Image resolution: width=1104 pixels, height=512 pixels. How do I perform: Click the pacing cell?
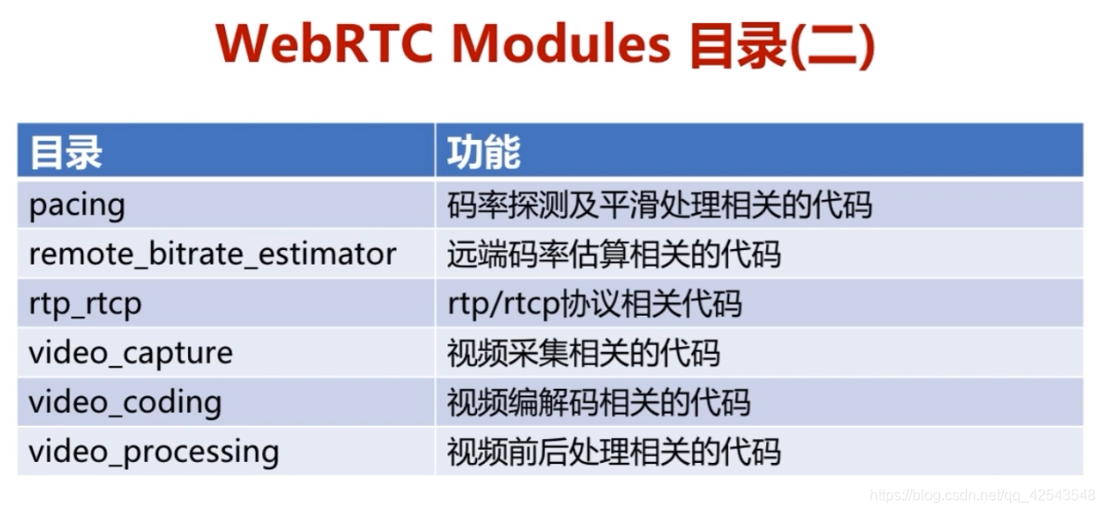tap(77, 205)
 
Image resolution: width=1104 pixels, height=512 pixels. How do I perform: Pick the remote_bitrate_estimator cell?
tap(212, 254)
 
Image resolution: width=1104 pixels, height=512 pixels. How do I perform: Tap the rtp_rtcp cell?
tap(85, 304)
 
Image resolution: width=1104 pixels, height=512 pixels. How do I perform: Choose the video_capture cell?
tap(131, 353)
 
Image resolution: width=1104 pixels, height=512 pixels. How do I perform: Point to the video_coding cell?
tap(125, 402)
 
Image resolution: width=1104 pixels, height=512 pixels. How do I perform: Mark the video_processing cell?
tap(154, 452)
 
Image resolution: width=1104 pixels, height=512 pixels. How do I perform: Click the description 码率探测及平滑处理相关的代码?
tap(659, 205)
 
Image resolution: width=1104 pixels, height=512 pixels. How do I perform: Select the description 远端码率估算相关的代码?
tap(613, 254)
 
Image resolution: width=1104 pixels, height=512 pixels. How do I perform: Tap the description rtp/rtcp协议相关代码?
tap(594, 304)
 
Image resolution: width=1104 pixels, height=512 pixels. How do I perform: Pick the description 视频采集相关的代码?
tap(583, 353)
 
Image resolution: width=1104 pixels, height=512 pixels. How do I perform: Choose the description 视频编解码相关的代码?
tap(598, 402)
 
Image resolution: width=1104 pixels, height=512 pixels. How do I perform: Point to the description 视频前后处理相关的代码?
tap(613, 452)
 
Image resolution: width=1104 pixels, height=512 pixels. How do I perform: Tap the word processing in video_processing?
tap(201, 452)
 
